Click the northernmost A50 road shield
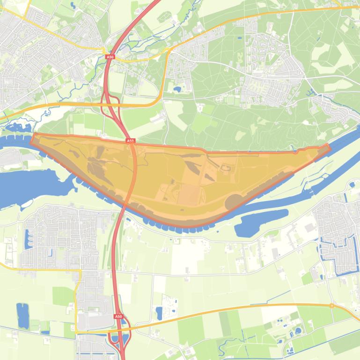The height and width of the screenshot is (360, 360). tap(110, 57)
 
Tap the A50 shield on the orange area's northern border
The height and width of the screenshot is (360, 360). tap(130, 140)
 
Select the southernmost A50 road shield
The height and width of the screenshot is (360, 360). tap(118, 317)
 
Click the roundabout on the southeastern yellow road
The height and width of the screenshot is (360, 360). tap(331, 306)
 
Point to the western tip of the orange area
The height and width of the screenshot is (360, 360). tap(32, 137)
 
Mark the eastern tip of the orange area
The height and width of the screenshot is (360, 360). tap(328, 147)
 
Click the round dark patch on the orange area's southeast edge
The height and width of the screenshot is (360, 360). tap(234, 202)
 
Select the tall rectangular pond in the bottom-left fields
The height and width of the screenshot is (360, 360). tap(22, 316)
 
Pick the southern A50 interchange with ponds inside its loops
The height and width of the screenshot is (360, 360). tap(119, 339)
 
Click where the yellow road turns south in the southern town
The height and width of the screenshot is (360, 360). tap(80, 271)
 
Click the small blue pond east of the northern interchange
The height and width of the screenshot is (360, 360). tap(177, 88)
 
